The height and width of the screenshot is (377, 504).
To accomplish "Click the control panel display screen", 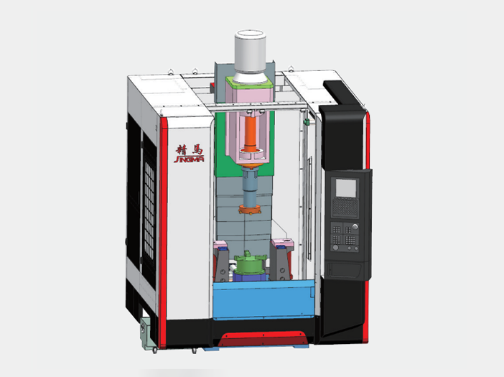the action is click(346, 188).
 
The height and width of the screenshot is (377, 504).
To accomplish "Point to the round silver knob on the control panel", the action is click(355, 227).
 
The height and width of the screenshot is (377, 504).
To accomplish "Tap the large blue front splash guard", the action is click(263, 299).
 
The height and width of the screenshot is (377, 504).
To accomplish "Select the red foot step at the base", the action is click(263, 339).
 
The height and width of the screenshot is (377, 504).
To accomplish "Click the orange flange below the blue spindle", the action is click(250, 210).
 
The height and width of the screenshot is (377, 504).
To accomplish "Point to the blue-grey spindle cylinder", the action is click(250, 189).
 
